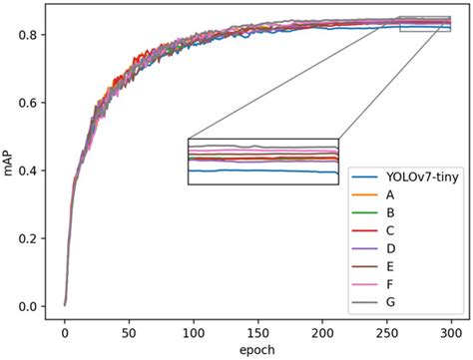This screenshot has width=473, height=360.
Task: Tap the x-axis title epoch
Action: pos(258,351)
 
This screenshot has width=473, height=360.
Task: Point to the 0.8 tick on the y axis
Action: pos(31,35)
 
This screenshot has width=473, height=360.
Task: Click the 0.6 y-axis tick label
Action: pos(31,103)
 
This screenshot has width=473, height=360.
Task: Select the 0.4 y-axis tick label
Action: pos(31,171)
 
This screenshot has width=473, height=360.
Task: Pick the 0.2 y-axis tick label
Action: pos(31,238)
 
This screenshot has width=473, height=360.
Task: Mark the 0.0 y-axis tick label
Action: pos(31,306)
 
